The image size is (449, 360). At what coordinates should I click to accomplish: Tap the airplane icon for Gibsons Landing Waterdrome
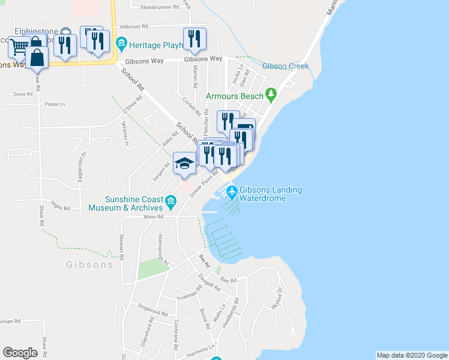click(232, 193)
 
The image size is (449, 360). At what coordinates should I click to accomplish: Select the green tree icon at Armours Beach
click(271, 94)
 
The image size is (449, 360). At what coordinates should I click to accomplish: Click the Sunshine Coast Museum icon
click(172, 203)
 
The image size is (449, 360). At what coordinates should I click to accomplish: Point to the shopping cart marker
click(19, 46)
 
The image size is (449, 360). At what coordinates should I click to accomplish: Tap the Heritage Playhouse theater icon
click(121, 44)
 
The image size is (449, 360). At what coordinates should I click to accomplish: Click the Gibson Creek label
click(285, 66)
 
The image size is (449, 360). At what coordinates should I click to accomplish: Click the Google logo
click(20, 353)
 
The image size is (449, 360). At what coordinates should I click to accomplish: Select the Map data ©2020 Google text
click(411, 355)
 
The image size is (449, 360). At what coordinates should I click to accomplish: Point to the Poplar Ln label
click(55, 104)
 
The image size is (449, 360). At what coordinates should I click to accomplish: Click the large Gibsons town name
click(90, 265)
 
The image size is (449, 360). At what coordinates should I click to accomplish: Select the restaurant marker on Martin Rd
click(194, 40)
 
